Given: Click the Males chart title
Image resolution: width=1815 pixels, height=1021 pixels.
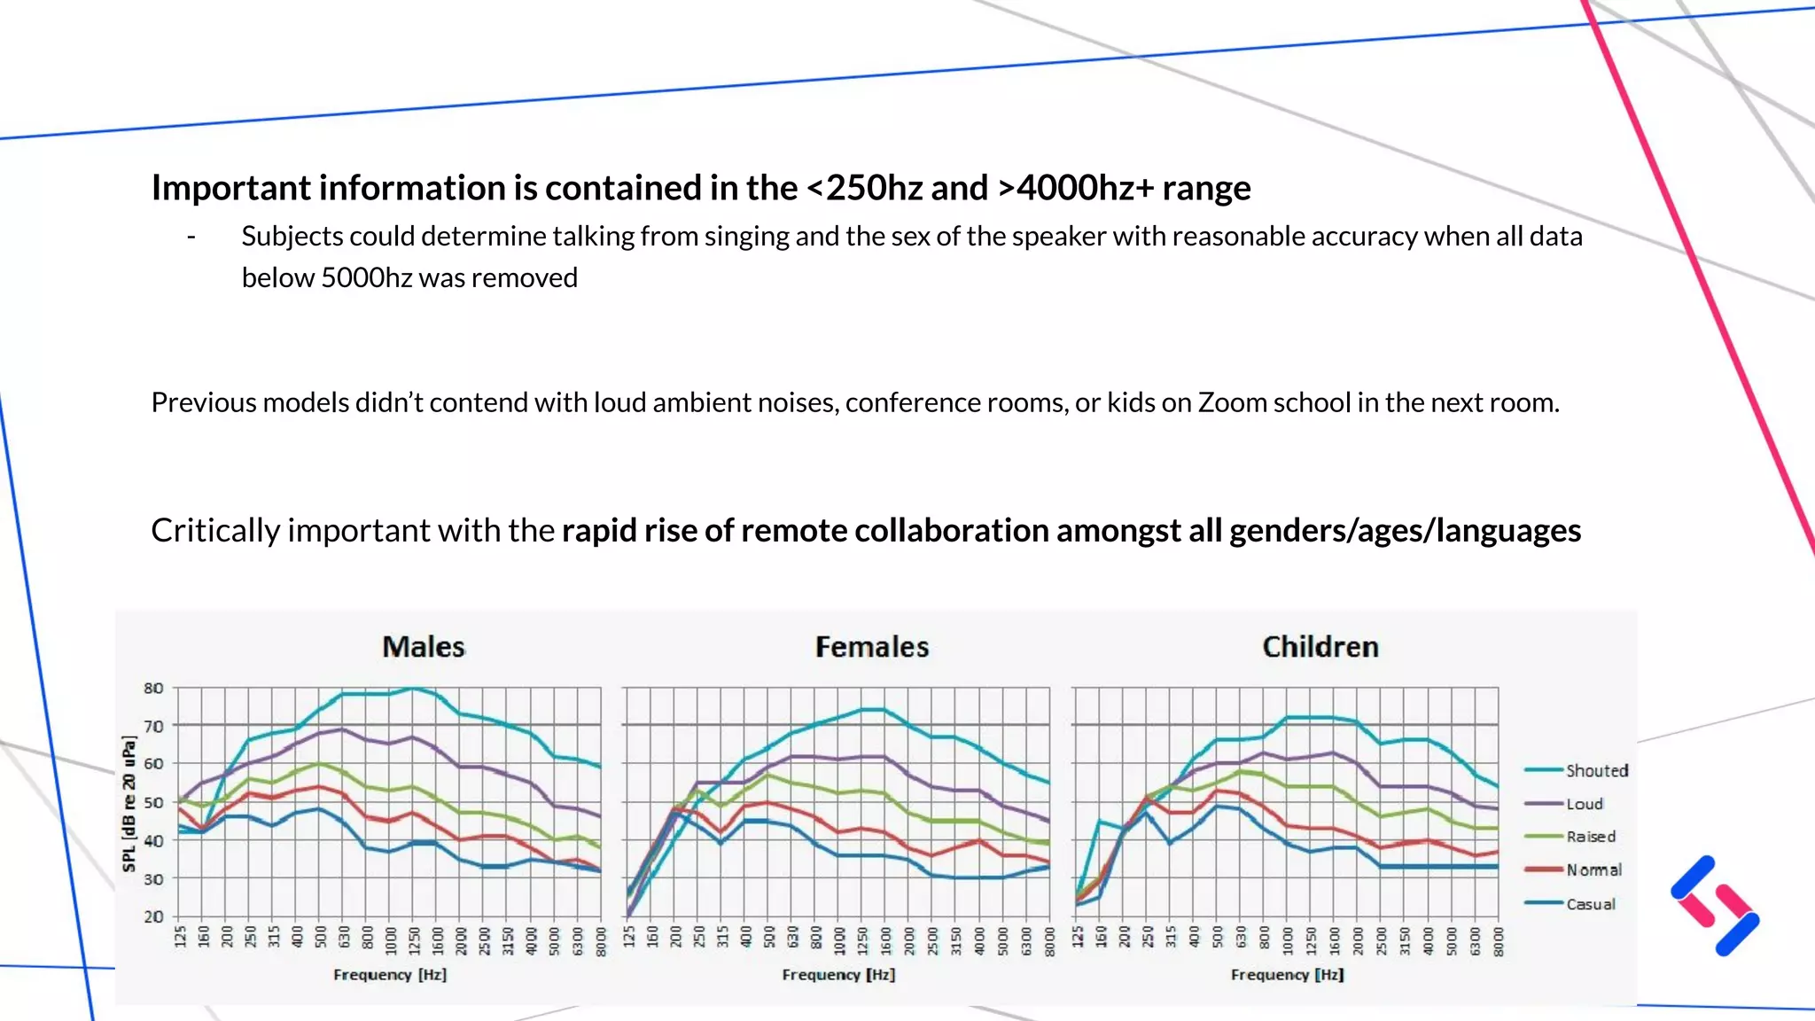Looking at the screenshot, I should [x=423, y=647].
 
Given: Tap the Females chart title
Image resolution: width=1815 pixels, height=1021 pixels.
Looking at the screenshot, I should [x=871, y=647].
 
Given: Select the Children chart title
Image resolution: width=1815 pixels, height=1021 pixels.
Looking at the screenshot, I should [x=1320, y=647].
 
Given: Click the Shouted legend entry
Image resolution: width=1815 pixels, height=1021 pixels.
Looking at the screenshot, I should [x=1596, y=771].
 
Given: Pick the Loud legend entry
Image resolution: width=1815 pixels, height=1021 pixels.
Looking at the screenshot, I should [x=1584, y=804].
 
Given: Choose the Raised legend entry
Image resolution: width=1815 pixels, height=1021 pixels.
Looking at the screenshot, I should [x=1590, y=837].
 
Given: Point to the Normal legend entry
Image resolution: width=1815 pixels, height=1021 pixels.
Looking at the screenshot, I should [x=1593, y=870].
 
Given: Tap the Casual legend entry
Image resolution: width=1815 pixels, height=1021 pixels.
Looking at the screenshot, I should [x=1590, y=904].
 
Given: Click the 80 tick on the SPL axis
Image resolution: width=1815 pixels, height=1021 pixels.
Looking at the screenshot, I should [x=153, y=688].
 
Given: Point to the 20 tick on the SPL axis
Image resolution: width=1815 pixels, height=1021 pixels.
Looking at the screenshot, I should [x=153, y=916].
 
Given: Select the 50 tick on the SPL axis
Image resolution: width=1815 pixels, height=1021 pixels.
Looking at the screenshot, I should [x=153, y=802].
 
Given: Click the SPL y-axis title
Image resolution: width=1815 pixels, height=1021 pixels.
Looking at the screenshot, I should [x=129, y=803].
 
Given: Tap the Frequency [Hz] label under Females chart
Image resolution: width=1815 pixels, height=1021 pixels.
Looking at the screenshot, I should [x=838, y=974].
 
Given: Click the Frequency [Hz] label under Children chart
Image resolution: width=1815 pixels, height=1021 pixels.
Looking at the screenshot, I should [x=1287, y=974].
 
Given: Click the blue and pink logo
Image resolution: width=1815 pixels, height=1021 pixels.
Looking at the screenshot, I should [x=1715, y=906].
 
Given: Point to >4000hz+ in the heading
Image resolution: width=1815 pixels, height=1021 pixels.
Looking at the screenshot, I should [x=1076, y=188].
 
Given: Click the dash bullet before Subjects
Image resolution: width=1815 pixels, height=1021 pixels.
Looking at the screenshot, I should [x=191, y=237].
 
